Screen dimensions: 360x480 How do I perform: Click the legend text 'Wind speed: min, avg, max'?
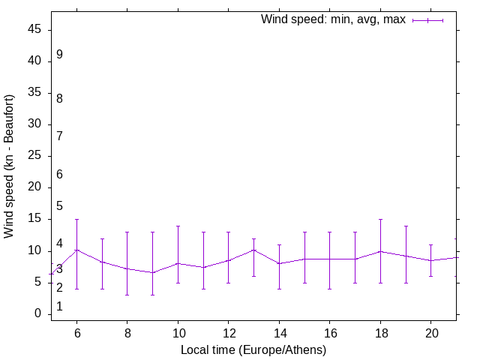(333, 19)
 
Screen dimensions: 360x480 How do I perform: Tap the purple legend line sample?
(427, 20)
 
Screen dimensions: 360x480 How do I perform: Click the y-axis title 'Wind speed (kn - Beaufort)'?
(9, 166)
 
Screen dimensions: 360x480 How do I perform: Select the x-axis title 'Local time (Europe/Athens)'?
(253, 349)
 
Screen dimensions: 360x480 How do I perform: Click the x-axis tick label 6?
(76, 331)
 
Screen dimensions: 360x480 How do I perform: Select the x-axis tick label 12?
(228, 331)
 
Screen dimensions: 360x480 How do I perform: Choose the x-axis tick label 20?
(431, 331)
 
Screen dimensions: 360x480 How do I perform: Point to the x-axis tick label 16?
(330, 331)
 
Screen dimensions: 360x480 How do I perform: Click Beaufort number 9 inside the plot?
(59, 55)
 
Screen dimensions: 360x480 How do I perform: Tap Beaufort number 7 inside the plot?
(59, 136)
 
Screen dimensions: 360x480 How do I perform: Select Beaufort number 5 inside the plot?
(59, 206)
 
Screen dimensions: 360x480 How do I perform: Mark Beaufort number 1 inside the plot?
(59, 307)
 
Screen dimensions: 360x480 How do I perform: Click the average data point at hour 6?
(76, 250)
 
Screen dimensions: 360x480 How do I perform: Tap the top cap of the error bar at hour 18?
(381, 219)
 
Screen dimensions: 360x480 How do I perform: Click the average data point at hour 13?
(253, 250)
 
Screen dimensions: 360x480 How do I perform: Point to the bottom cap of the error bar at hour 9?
(152, 295)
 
